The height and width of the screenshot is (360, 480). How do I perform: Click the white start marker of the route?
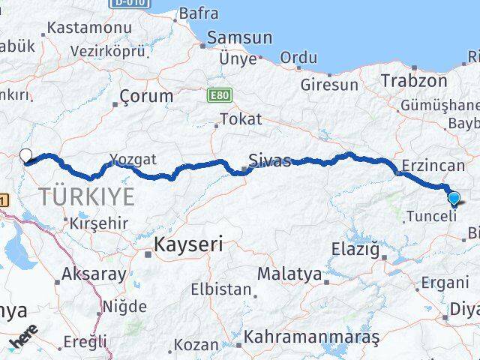[x=25, y=156]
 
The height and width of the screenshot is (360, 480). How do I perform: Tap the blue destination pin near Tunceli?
[x=454, y=199]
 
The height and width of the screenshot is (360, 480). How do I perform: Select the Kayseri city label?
[x=189, y=244]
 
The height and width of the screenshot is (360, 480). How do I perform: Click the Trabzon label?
[x=408, y=80]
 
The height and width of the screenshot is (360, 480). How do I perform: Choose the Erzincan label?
[x=433, y=164]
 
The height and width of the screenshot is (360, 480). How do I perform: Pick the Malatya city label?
[x=289, y=274]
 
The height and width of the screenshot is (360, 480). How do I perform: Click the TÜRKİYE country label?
[x=88, y=197]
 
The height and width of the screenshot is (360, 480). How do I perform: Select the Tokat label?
[x=241, y=119]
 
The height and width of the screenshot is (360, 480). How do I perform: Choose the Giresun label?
[x=329, y=85]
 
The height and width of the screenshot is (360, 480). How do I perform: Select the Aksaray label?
[x=94, y=274]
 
